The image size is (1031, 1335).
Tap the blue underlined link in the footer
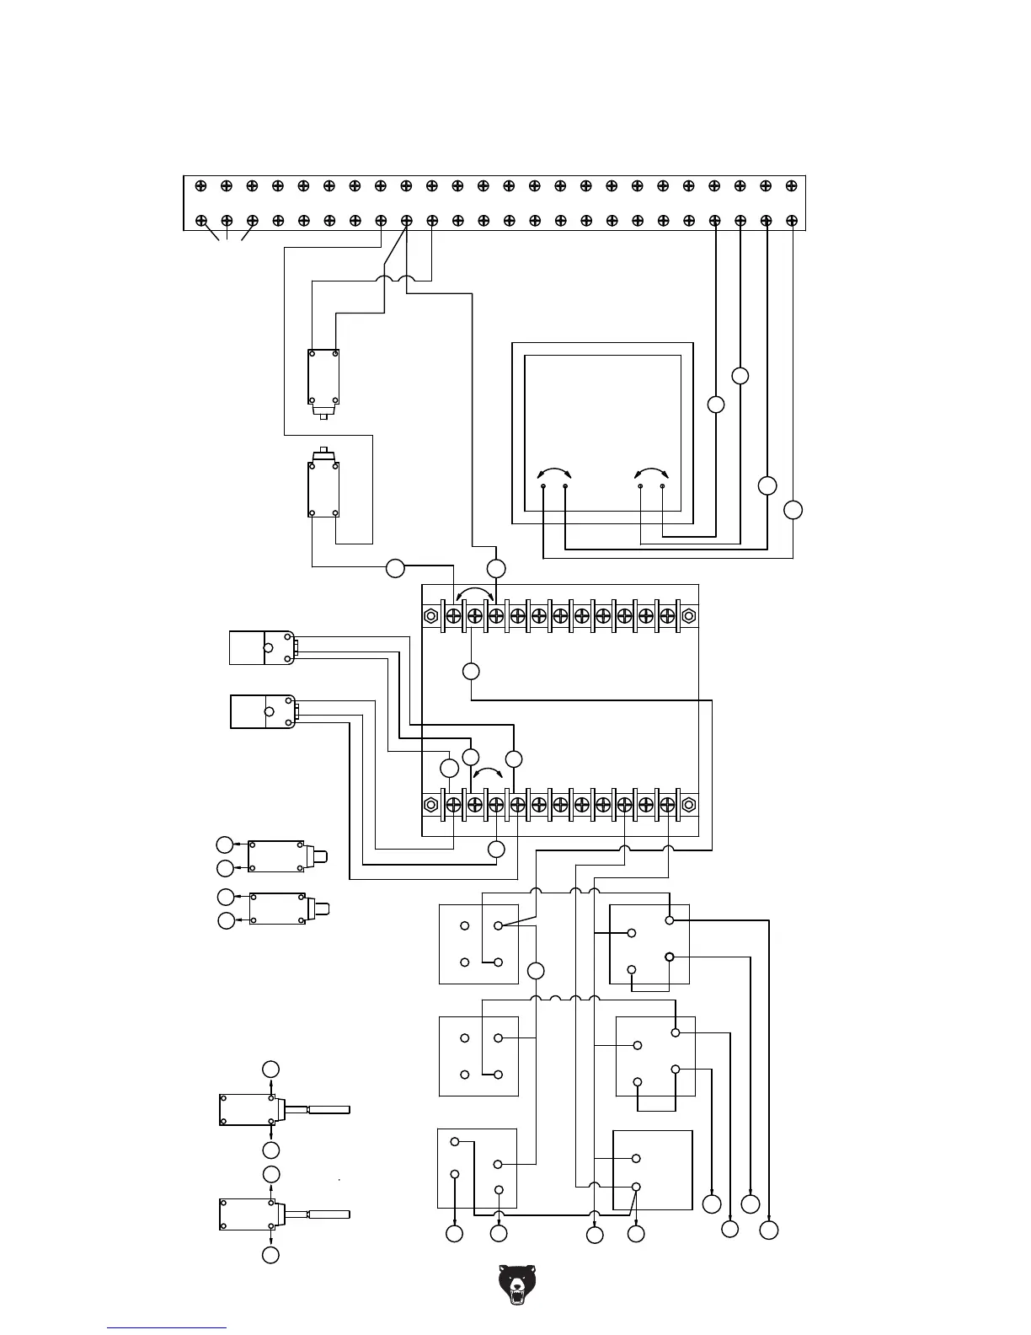click(167, 1327)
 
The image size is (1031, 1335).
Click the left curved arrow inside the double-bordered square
click(554, 473)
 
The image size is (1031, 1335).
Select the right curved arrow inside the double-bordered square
click(651, 473)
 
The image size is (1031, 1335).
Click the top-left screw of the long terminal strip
click(200, 185)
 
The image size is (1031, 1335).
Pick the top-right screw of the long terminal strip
click(791, 185)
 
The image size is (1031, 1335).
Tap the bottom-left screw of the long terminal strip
click(201, 221)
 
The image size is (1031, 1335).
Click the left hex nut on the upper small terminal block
click(431, 616)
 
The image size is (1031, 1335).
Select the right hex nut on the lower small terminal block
click(688, 804)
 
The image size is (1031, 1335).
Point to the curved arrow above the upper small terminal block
click(475, 592)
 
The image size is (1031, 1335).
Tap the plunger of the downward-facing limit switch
click(323, 413)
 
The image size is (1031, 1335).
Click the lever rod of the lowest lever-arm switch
click(329, 1214)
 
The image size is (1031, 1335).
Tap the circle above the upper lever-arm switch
click(270, 1070)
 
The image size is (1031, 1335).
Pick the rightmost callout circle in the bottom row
click(768, 1231)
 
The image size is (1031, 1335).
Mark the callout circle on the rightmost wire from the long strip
click(793, 510)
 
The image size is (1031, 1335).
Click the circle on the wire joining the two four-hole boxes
click(536, 971)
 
